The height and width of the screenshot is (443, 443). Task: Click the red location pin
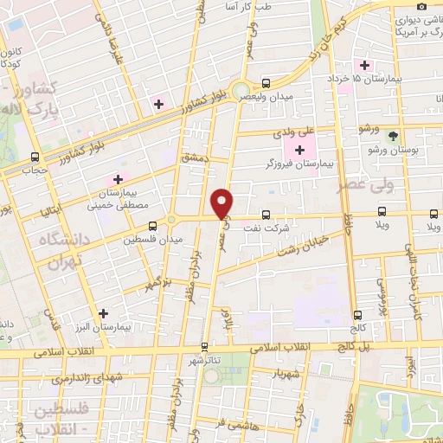(223, 202)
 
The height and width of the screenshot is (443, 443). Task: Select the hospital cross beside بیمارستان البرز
(104, 313)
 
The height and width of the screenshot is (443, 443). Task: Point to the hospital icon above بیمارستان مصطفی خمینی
(118, 179)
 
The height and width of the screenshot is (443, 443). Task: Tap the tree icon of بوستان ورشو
(393, 136)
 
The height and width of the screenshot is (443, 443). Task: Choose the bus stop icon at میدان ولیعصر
(265, 84)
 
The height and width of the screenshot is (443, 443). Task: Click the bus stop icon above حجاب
(35, 157)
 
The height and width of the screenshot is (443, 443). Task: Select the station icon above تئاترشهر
(204, 345)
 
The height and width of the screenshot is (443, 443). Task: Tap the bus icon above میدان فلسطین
(152, 226)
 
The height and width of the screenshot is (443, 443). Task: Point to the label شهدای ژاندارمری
(87, 377)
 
